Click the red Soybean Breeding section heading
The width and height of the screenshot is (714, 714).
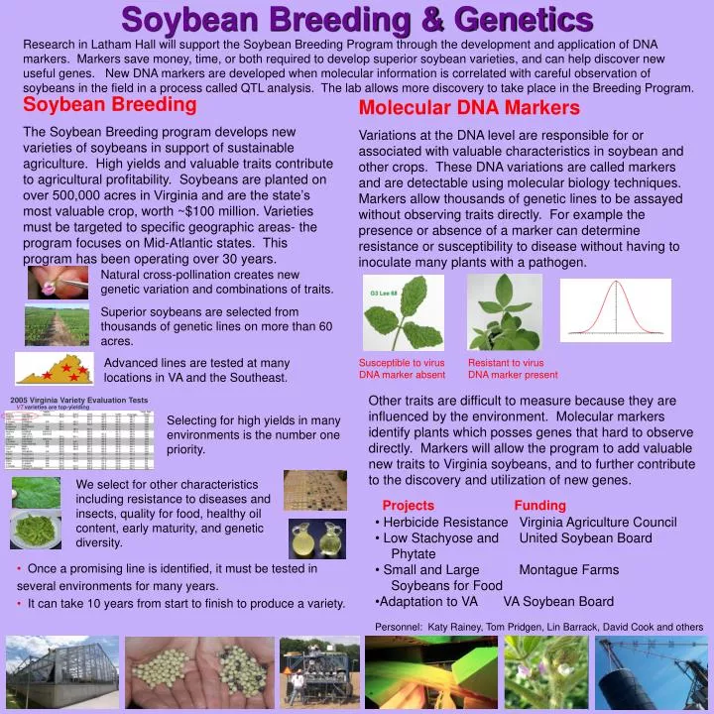pyautogui.click(x=110, y=104)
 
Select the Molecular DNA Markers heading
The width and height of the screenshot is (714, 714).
pyautogui.click(x=469, y=107)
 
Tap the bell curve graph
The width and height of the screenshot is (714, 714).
pyautogui.click(x=615, y=309)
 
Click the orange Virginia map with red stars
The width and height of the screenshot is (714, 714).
pyautogui.click(x=55, y=369)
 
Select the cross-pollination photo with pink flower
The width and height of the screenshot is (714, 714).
pyautogui.click(x=57, y=282)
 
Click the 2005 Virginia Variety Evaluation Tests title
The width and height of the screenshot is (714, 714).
pyautogui.click(x=79, y=400)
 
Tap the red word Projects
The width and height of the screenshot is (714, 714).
pyautogui.click(x=408, y=506)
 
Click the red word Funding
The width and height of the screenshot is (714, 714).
pyautogui.click(x=539, y=506)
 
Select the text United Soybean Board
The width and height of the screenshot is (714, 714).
pyautogui.click(x=585, y=537)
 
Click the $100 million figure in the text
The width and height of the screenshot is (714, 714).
pyautogui.click(x=188, y=211)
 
